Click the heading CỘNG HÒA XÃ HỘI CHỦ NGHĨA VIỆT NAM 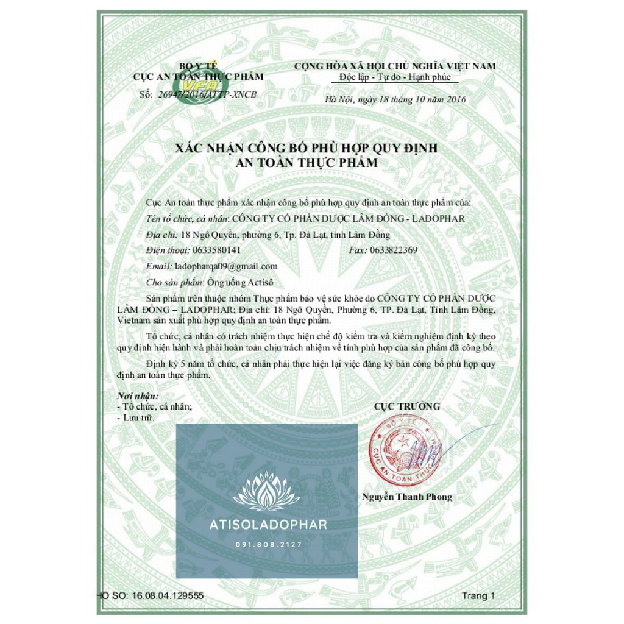pyautogui.click(x=394, y=66)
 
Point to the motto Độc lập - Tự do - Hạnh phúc pyautogui.click(x=394, y=77)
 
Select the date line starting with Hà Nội pyautogui.click(x=395, y=99)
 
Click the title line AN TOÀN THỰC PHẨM pyautogui.click(x=307, y=163)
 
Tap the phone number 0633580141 pyautogui.click(x=216, y=250)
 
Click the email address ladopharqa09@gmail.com pyautogui.click(x=225, y=266)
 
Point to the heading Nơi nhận pyautogui.click(x=137, y=396)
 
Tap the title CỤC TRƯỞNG pyautogui.click(x=406, y=406)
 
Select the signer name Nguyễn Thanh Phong pyautogui.click(x=407, y=497)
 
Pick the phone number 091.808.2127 pyautogui.click(x=267, y=544)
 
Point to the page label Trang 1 pyautogui.click(x=479, y=595)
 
